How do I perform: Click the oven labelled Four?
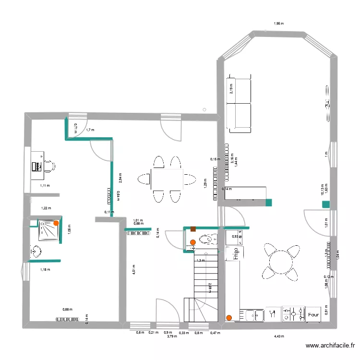click(313, 315)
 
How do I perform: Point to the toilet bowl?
click(207, 240)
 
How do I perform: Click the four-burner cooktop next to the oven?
click(294, 314)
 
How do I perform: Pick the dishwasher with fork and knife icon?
click(273, 314)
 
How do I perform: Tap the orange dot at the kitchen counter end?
click(229, 317)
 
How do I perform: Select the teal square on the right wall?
click(326, 204)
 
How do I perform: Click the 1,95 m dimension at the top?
click(278, 23)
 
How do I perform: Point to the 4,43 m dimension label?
click(279, 336)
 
